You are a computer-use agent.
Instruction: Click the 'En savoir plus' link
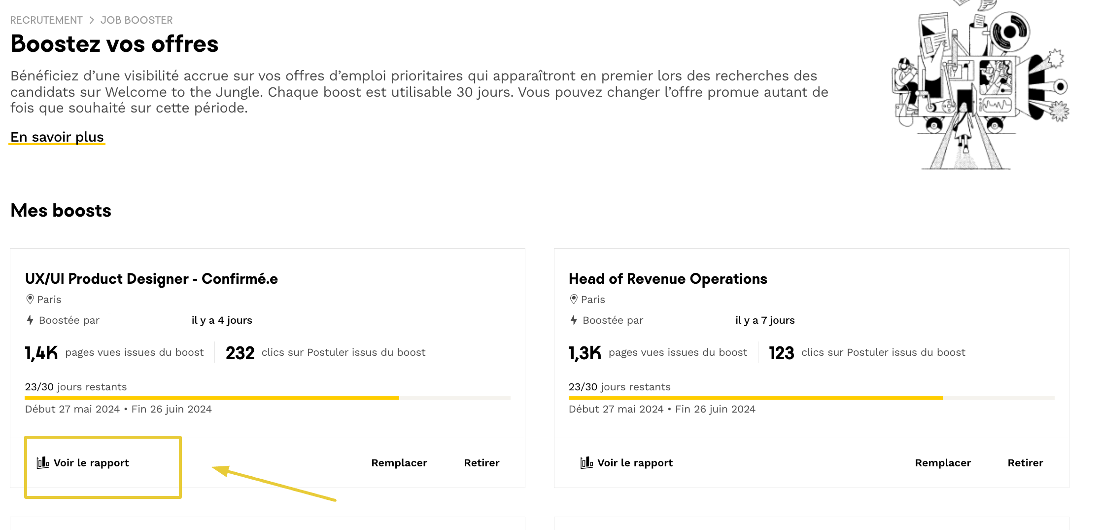(x=57, y=137)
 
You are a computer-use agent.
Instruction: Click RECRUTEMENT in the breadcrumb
(x=46, y=20)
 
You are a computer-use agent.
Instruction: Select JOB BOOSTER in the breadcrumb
(x=137, y=20)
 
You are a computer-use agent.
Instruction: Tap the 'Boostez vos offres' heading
(x=114, y=44)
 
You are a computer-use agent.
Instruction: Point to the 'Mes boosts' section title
(x=61, y=211)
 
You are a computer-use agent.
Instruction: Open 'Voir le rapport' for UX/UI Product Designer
(x=83, y=463)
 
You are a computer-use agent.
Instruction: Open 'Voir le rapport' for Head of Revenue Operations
(x=627, y=463)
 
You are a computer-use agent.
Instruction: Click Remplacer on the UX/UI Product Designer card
(x=399, y=463)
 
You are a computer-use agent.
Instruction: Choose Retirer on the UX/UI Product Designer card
(x=481, y=463)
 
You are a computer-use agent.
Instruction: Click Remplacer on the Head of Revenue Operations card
(x=943, y=463)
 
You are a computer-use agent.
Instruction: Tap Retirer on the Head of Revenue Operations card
(x=1025, y=463)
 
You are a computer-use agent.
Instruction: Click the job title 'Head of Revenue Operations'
(x=668, y=279)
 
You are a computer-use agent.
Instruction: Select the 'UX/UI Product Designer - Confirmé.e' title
(x=151, y=279)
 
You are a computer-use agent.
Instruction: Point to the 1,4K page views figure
(x=41, y=353)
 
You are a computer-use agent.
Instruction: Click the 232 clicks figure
(x=240, y=353)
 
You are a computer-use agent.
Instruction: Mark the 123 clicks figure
(x=782, y=353)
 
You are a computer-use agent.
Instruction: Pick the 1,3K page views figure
(x=585, y=353)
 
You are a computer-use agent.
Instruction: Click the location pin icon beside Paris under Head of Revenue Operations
(x=574, y=299)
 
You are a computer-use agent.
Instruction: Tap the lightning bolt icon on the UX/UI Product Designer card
(x=30, y=320)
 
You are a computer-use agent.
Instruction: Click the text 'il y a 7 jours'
(x=765, y=320)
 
